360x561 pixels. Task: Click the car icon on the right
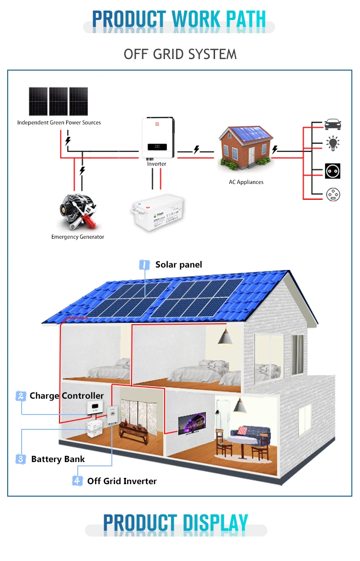click(x=333, y=124)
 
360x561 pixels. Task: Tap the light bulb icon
click(x=333, y=143)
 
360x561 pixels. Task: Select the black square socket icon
click(x=333, y=171)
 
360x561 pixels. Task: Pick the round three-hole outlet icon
click(x=333, y=195)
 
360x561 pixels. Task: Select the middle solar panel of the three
click(x=58, y=101)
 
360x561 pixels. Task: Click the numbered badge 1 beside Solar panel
click(x=144, y=265)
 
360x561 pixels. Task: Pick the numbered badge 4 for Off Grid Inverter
click(x=77, y=481)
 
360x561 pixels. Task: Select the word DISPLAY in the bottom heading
click(x=216, y=522)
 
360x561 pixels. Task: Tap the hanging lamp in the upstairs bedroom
click(x=225, y=337)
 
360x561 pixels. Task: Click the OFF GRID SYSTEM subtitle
click(x=180, y=54)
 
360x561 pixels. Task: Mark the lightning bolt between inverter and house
click(x=196, y=150)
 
